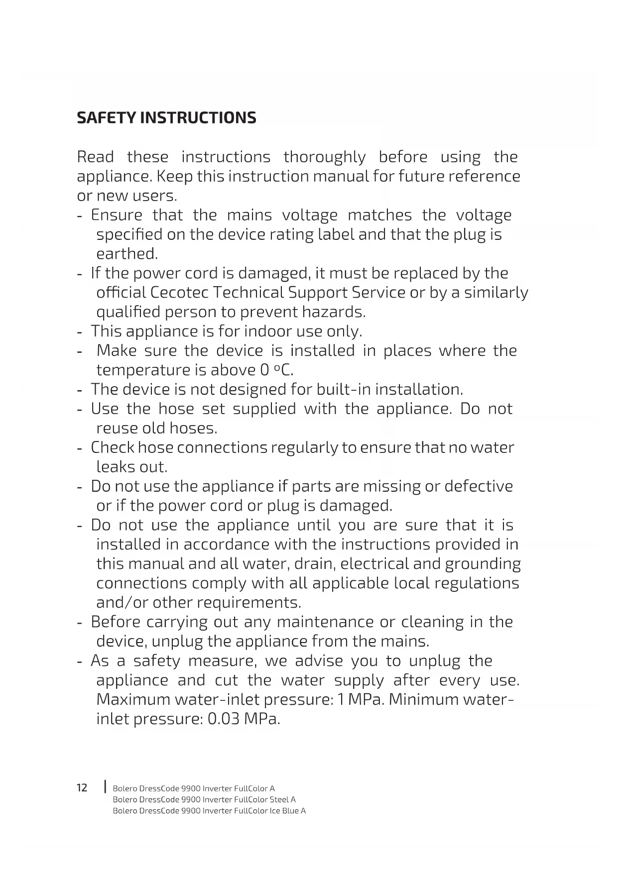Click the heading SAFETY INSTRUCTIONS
click(x=166, y=118)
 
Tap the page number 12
click(x=82, y=787)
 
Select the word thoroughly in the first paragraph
click(x=324, y=157)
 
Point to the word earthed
click(x=126, y=254)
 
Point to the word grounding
click(x=483, y=564)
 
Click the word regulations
click(x=477, y=583)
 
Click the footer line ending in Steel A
click(x=204, y=799)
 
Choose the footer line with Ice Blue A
click(x=209, y=811)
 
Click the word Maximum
click(x=133, y=700)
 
